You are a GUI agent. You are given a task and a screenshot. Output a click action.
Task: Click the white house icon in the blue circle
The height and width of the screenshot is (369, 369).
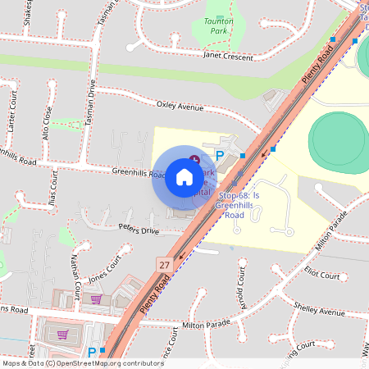(x=184, y=177)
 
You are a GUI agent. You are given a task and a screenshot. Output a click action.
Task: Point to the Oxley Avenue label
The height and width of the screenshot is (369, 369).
(x=180, y=106)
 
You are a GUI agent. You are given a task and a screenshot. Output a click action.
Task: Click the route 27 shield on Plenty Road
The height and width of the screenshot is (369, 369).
(x=165, y=264)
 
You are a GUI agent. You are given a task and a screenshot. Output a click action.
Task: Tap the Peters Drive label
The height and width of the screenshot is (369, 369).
(x=139, y=230)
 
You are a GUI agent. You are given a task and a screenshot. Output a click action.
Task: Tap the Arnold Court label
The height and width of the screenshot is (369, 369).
(x=240, y=289)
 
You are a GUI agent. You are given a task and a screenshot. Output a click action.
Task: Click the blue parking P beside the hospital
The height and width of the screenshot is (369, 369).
(x=219, y=155)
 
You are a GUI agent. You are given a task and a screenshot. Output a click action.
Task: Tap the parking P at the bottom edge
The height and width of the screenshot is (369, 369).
(x=91, y=353)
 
